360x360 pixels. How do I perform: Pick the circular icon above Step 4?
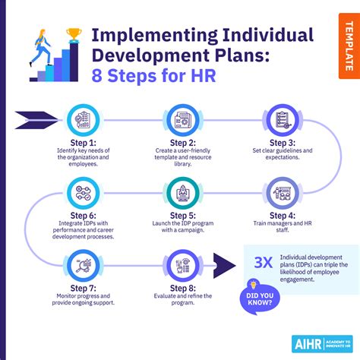(282, 193)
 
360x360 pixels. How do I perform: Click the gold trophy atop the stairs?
(74, 34)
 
